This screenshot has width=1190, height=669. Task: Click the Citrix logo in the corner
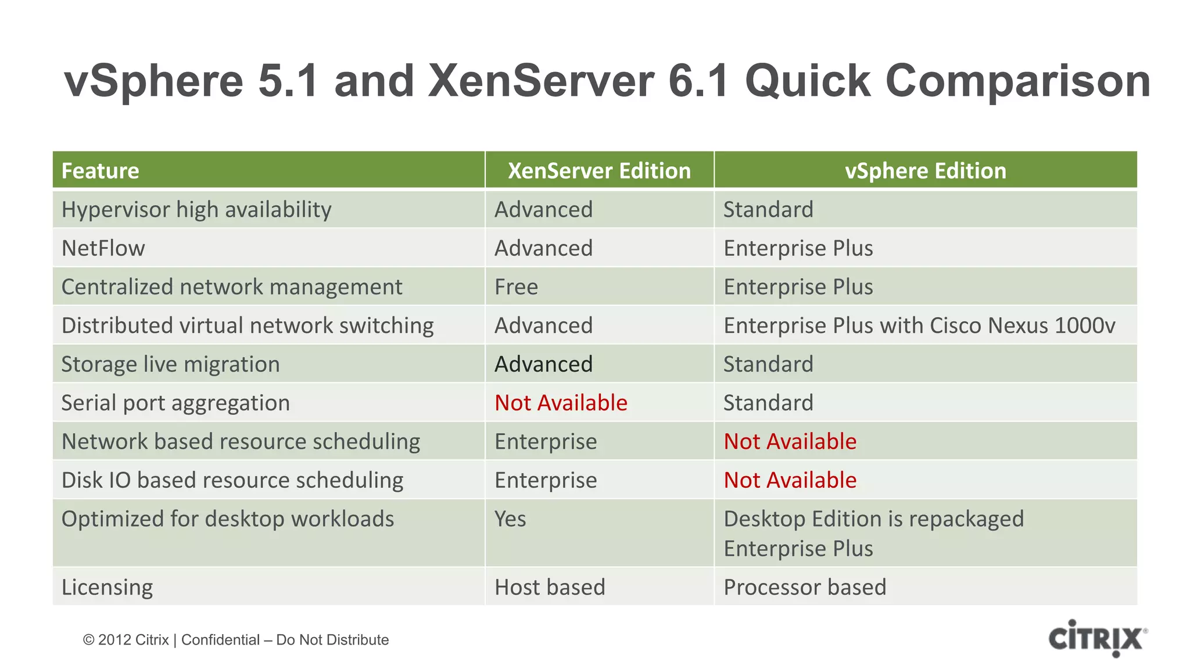tap(1097, 638)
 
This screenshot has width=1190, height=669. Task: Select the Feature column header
tap(101, 171)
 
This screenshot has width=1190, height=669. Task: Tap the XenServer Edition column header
tap(599, 171)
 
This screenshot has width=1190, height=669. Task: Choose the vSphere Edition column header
tap(925, 171)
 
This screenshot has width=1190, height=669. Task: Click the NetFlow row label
tap(103, 249)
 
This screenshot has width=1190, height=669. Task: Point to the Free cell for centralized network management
tap(517, 287)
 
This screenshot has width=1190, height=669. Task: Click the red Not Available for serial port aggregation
tap(561, 403)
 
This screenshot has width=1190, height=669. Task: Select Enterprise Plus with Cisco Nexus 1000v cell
tap(919, 326)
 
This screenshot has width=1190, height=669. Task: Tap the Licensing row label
tap(107, 587)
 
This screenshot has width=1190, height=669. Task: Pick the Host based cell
tap(550, 587)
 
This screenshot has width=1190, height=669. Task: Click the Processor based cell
tap(805, 587)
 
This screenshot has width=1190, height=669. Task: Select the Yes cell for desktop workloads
tap(510, 519)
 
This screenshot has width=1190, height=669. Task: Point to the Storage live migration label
tap(171, 365)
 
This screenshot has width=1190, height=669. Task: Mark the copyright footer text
tap(236, 640)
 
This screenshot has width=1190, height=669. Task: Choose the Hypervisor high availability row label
tap(196, 210)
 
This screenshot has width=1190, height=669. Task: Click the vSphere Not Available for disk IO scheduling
tap(790, 480)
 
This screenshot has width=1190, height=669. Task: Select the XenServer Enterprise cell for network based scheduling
tap(546, 442)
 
